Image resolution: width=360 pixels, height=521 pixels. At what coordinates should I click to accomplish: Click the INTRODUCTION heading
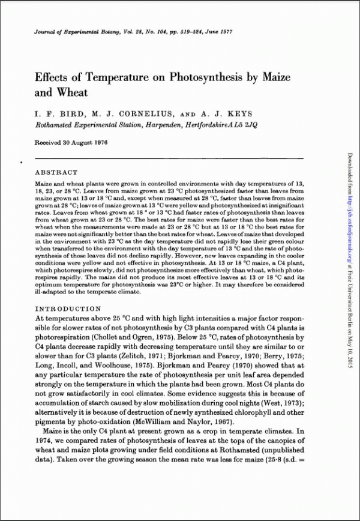pyautogui.click(x=67, y=308)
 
